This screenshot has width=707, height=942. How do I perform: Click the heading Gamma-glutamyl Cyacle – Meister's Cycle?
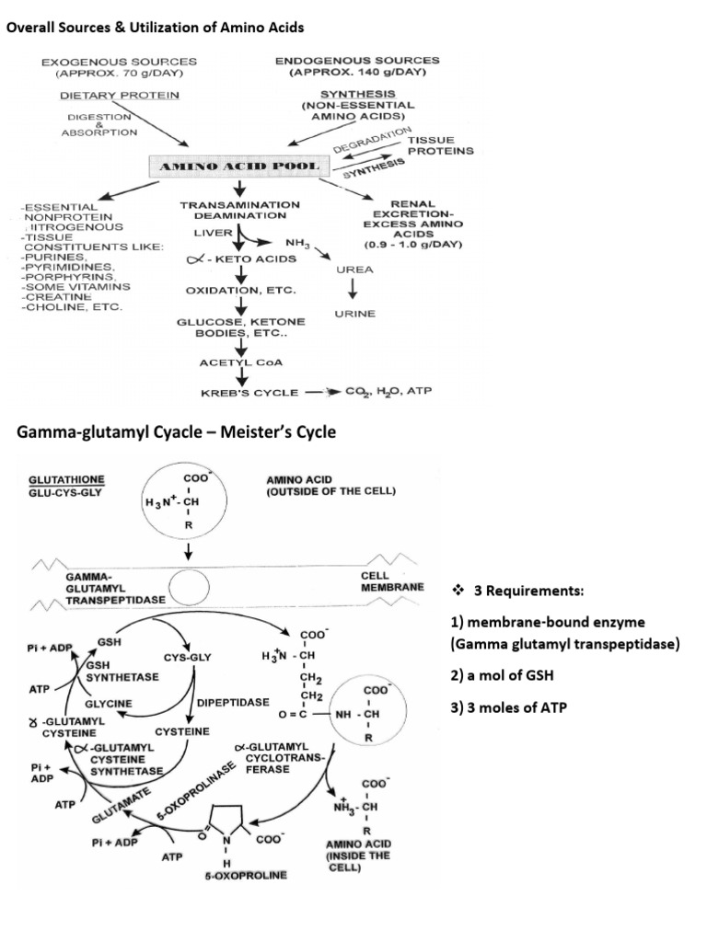pyautogui.click(x=171, y=433)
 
